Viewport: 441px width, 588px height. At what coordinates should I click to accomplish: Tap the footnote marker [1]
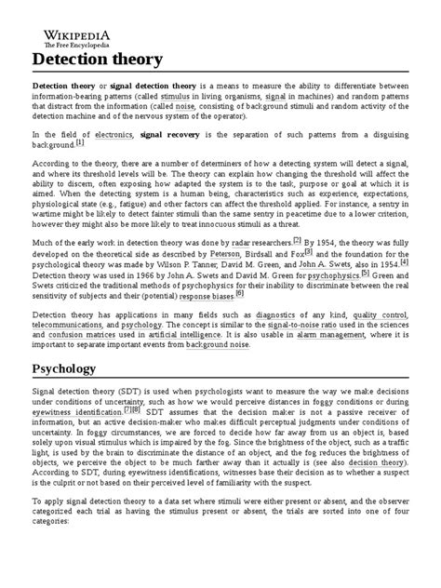pos(79,169)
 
